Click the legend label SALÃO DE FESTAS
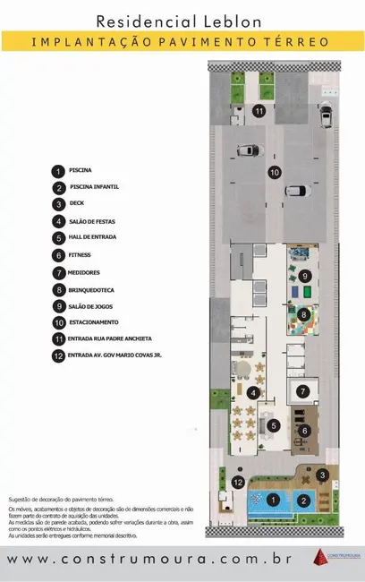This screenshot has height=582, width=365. pos(92,221)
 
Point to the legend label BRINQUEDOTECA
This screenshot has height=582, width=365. pos(92,290)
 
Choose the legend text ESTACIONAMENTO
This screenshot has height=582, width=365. pos(93,322)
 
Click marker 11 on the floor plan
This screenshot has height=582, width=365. pos(259,111)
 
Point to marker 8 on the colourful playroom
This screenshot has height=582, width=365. pos(304,314)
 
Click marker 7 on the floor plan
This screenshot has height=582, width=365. pos(303,390)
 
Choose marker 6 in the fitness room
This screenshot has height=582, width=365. pos(304,431)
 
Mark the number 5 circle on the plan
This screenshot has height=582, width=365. pos(274,425)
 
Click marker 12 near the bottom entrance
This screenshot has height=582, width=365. pos(238,483)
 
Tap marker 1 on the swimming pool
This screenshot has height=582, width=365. pos(274,499)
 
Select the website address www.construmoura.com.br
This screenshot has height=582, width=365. pos(151,560)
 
